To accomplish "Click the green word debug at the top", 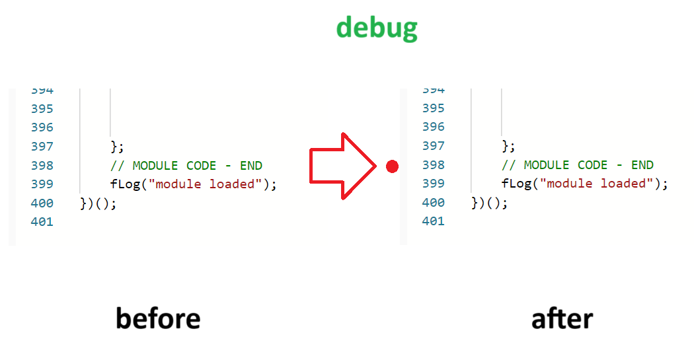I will (377, 28).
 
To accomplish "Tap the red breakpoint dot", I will (392, 166).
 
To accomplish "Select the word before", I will (158, 318).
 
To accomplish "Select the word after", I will (562, 318).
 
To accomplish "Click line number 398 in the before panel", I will (42, 165).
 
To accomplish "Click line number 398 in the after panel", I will (433, 164).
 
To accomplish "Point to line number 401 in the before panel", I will (42, 222).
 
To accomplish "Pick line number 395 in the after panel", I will (433, 108).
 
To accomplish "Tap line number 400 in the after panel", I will (433, 202).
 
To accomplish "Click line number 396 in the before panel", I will (42, 127).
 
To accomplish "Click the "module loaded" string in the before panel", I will (205, 184).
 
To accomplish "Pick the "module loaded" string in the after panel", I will (596, 183).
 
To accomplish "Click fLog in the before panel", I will (126, 184).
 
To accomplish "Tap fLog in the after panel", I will (517, 183).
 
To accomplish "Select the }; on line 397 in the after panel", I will (508, 145).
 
